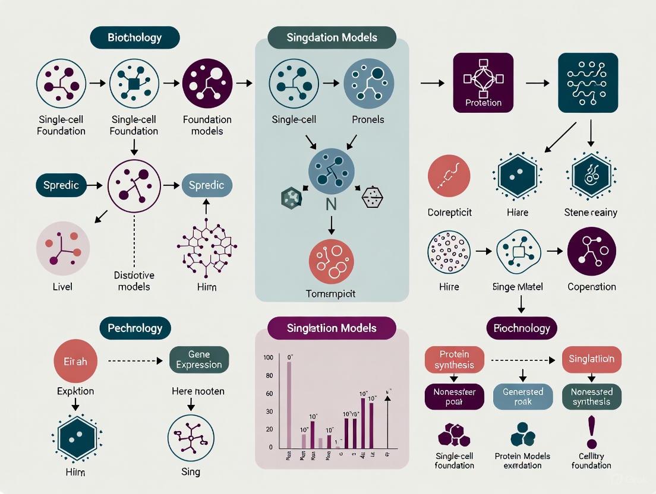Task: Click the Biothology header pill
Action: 134,37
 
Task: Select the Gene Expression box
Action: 199,359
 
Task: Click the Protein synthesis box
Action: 455,359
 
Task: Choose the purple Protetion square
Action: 483,83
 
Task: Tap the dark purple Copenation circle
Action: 591,251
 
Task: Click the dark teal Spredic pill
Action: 60,185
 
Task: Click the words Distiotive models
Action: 134,281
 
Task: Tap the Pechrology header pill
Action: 135,328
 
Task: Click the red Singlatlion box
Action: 591,359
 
